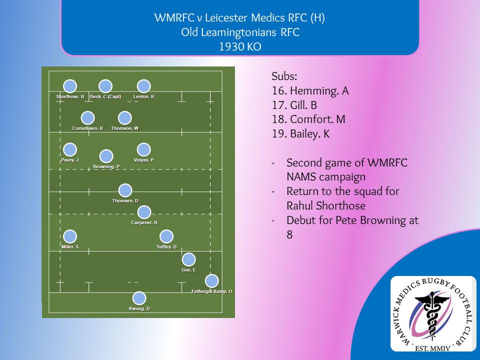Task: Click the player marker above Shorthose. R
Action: pos(70,86)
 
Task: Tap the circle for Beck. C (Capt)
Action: pos(105,86)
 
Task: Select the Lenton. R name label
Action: pos(144,96)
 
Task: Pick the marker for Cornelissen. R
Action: pos(87,118)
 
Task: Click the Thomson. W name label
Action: pos(125,128)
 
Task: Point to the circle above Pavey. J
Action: pos(70,149)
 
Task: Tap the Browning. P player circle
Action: pos(106,156)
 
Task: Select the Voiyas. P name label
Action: pos(144,160)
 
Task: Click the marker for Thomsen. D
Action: pos(125,190)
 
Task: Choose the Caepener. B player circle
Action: pos(144,212)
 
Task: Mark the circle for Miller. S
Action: pos(70,236)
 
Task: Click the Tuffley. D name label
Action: pos(166,247)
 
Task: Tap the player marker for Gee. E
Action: pos(188,259)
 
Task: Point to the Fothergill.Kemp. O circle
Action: pos(212,280)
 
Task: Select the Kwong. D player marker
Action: pos(139,298)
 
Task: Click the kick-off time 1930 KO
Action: pos(239,47)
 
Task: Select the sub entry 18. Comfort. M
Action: pos(308,119)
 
